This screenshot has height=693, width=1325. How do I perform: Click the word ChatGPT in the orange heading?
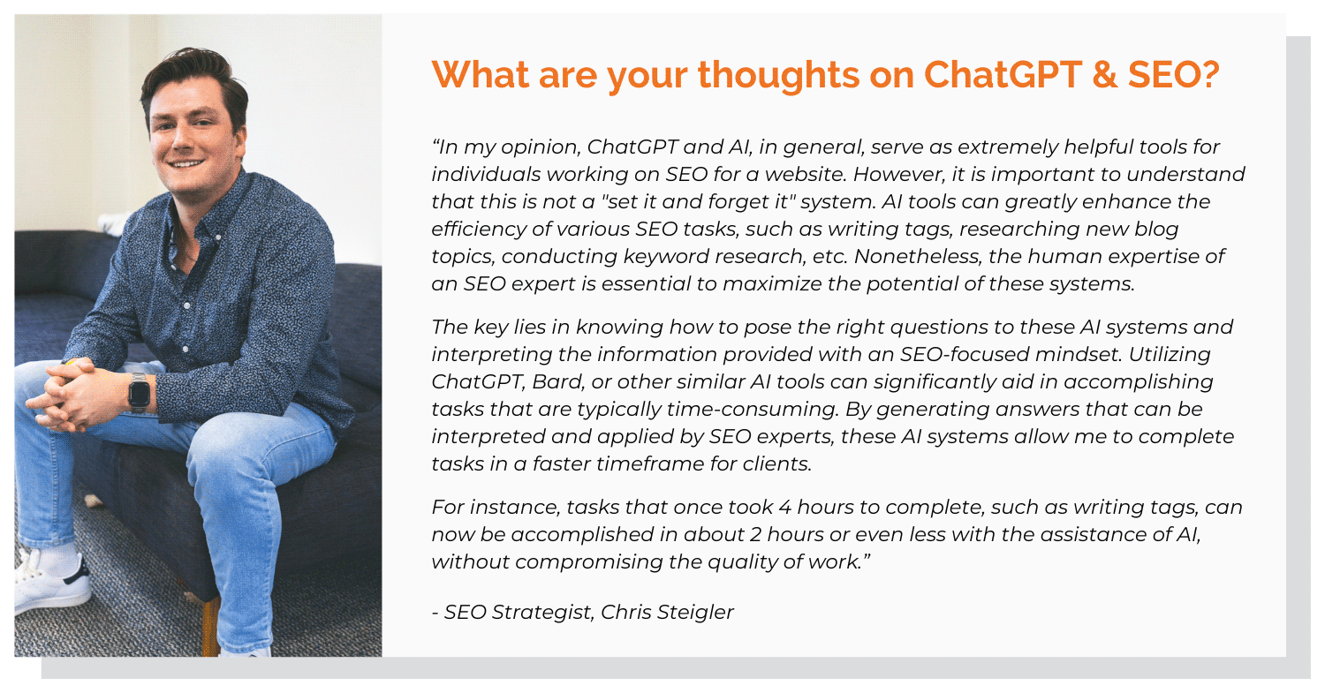click(x=1003, y=74)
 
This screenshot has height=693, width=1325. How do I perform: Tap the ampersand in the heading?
click(x=1105, y=75)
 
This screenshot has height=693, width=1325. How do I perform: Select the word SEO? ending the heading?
click(x=1174, y=75)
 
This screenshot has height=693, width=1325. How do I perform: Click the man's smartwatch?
click(x=140, y=392)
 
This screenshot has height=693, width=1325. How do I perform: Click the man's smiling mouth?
click(x=185, y=163)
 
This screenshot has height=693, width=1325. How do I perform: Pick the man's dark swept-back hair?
click(x=195, y=79)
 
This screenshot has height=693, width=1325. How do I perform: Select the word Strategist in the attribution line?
click(x=542, y=613)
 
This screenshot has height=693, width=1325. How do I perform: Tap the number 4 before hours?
click(x=784, y=508)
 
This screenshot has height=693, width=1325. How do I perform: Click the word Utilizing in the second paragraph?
click(x=1170, y=354)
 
